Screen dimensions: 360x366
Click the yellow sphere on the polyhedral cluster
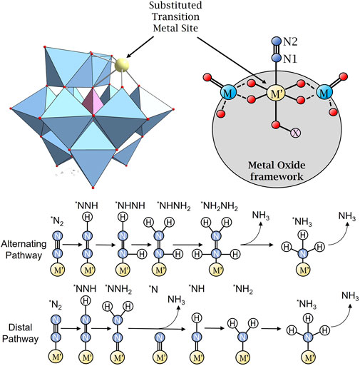click(x=122, y=64)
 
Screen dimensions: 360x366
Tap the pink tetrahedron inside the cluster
click(x=93, y=102)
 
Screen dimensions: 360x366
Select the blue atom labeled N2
click(x=277, y=41)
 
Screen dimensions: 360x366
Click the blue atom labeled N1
click(x=277, y=58)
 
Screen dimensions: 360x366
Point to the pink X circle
click(x=295, y=133)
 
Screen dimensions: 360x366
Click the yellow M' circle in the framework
click(x=276, y=93)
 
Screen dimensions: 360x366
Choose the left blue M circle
click(x=228, y=92)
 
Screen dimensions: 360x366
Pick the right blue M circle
click(x=324, y=92)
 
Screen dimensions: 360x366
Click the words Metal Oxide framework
click(x=277, y=171)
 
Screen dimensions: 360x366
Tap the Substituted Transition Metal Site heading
click(x=175, y=16)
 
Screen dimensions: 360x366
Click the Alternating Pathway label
click(x=24, y=249)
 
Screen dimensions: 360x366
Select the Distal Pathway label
click(x=21, y=333)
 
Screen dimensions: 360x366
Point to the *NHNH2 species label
click(x=174, y=206)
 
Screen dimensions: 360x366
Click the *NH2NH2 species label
click(x=219, y=206)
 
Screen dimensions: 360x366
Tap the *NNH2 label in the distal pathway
click(x=118, y=289)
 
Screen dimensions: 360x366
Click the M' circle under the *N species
click(x=160, y=357)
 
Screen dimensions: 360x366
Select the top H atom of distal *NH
click(x=197, y=317)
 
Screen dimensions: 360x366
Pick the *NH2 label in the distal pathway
click(x=243, y=289)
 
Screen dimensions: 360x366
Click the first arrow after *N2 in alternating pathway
click(x=72, y=245)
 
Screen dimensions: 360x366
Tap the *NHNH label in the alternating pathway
click(x=130, y=205)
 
